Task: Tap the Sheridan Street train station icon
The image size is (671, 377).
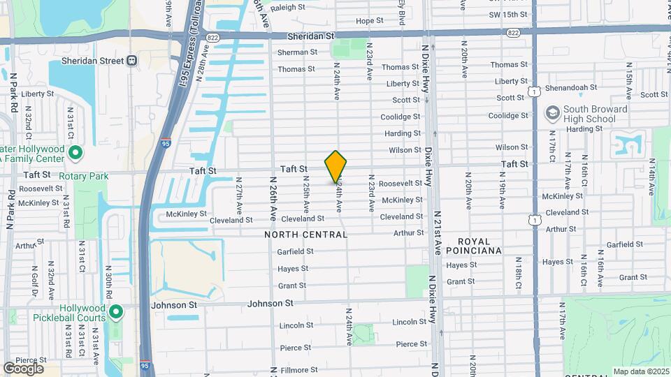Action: coord(131,61)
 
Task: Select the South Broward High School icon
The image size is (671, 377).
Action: coord(552,113)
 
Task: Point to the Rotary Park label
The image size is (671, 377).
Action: coord(84,176)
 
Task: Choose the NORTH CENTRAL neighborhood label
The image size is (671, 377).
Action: coord(306,235)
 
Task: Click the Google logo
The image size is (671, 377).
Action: coord(24,368)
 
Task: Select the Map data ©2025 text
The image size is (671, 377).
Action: coord(640,371)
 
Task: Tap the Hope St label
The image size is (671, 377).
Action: coord(366,21)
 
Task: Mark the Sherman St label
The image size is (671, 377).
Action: coord(298,52)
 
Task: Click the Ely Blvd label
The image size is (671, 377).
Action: coord(402,10)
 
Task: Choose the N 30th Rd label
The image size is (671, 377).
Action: coord(110,281)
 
